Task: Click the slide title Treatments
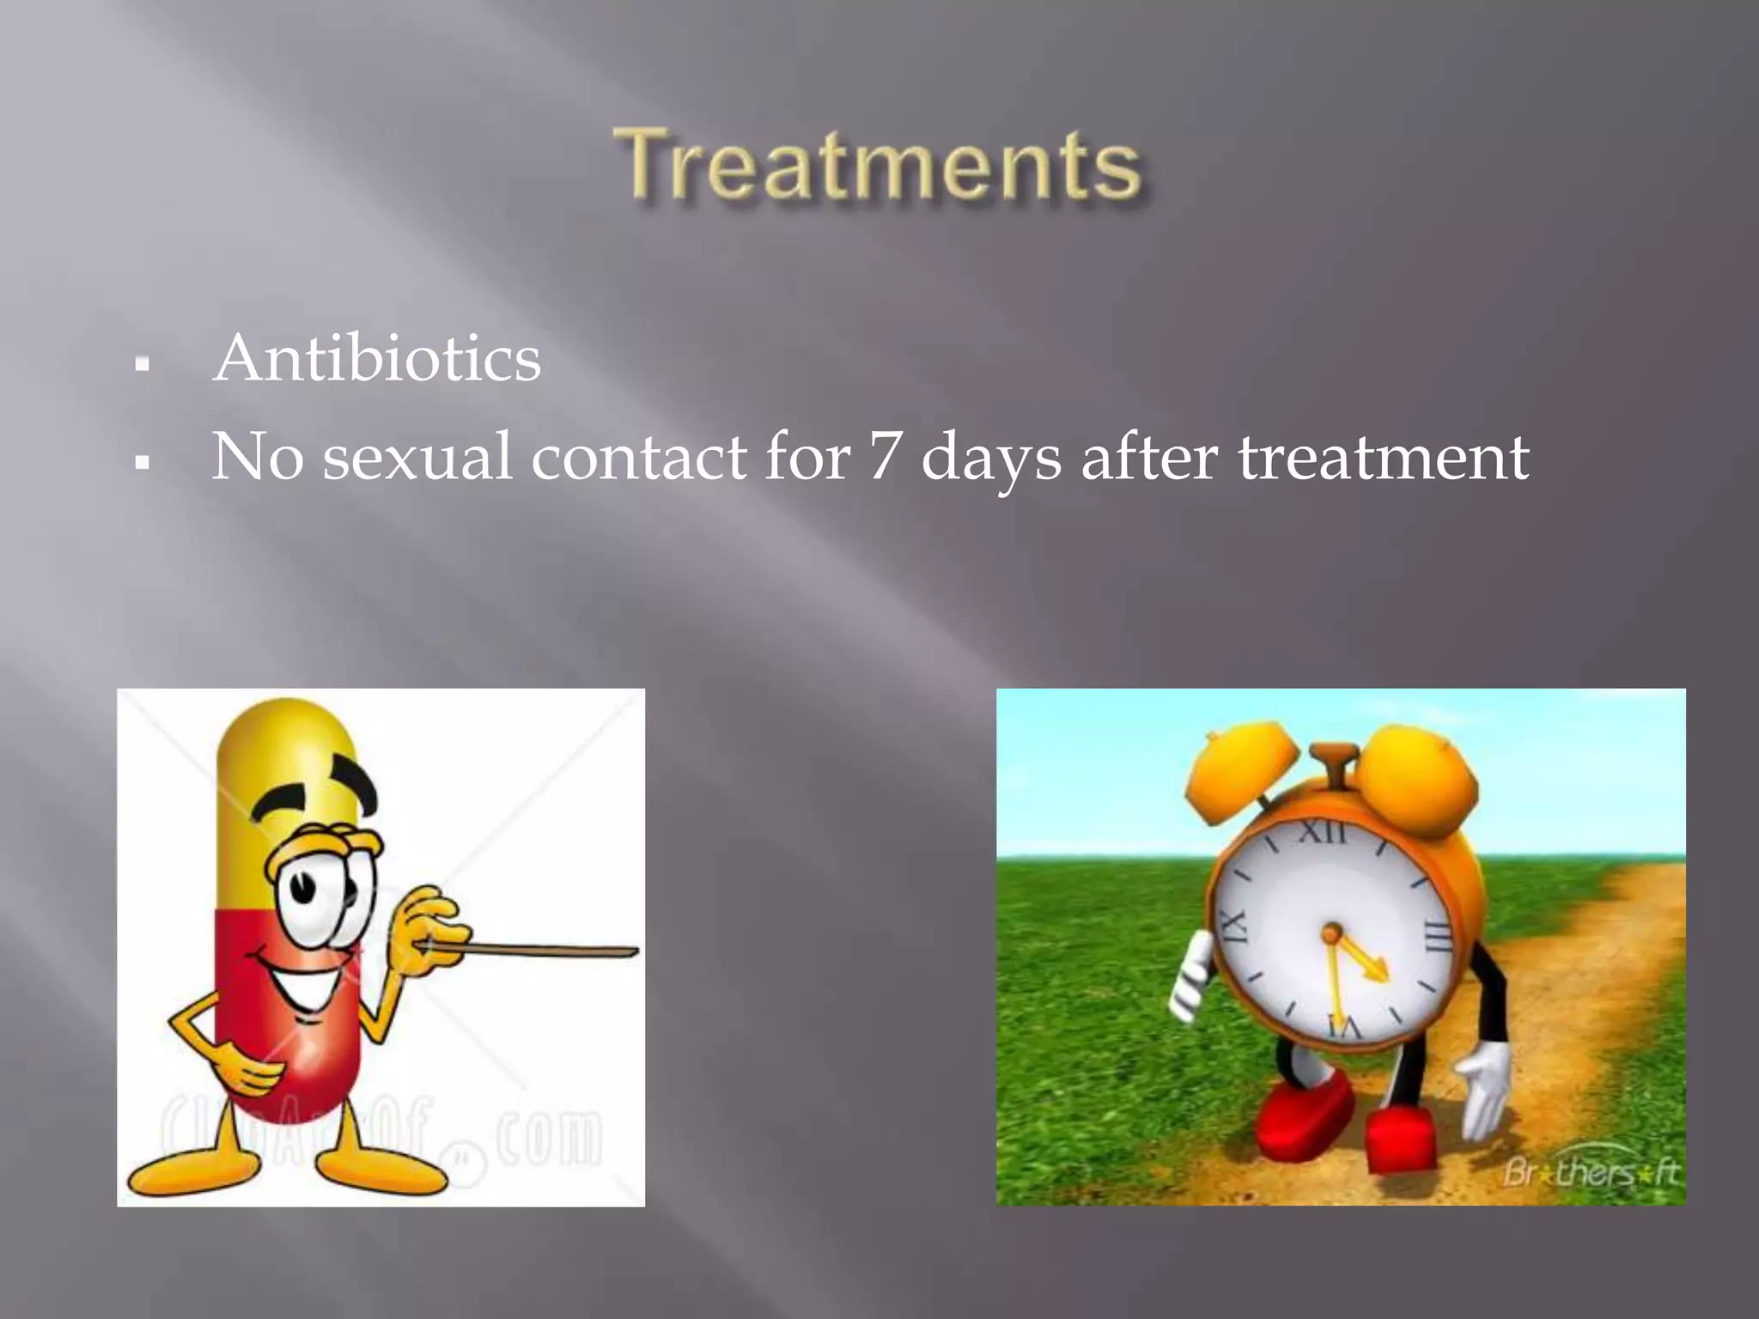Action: [x=878, y=165]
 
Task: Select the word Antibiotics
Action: [x=377, y=358]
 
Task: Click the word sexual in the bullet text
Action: [x=417, y=456]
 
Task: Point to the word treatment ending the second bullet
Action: [x=1383, y=456]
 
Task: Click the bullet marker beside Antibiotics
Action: [x=143, y=365]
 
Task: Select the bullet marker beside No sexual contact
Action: [x=143, y=463]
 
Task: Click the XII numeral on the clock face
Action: [x=1323, y=831]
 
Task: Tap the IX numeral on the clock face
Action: [x=1231, y=930]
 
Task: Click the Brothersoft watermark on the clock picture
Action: [x=1589, y=1173]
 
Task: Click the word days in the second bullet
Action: [x=990, y=458]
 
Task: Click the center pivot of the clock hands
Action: [x=1332, y=933]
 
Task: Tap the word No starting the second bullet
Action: [x=257, y=456]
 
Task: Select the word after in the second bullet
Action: [x=1148, y=456]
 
